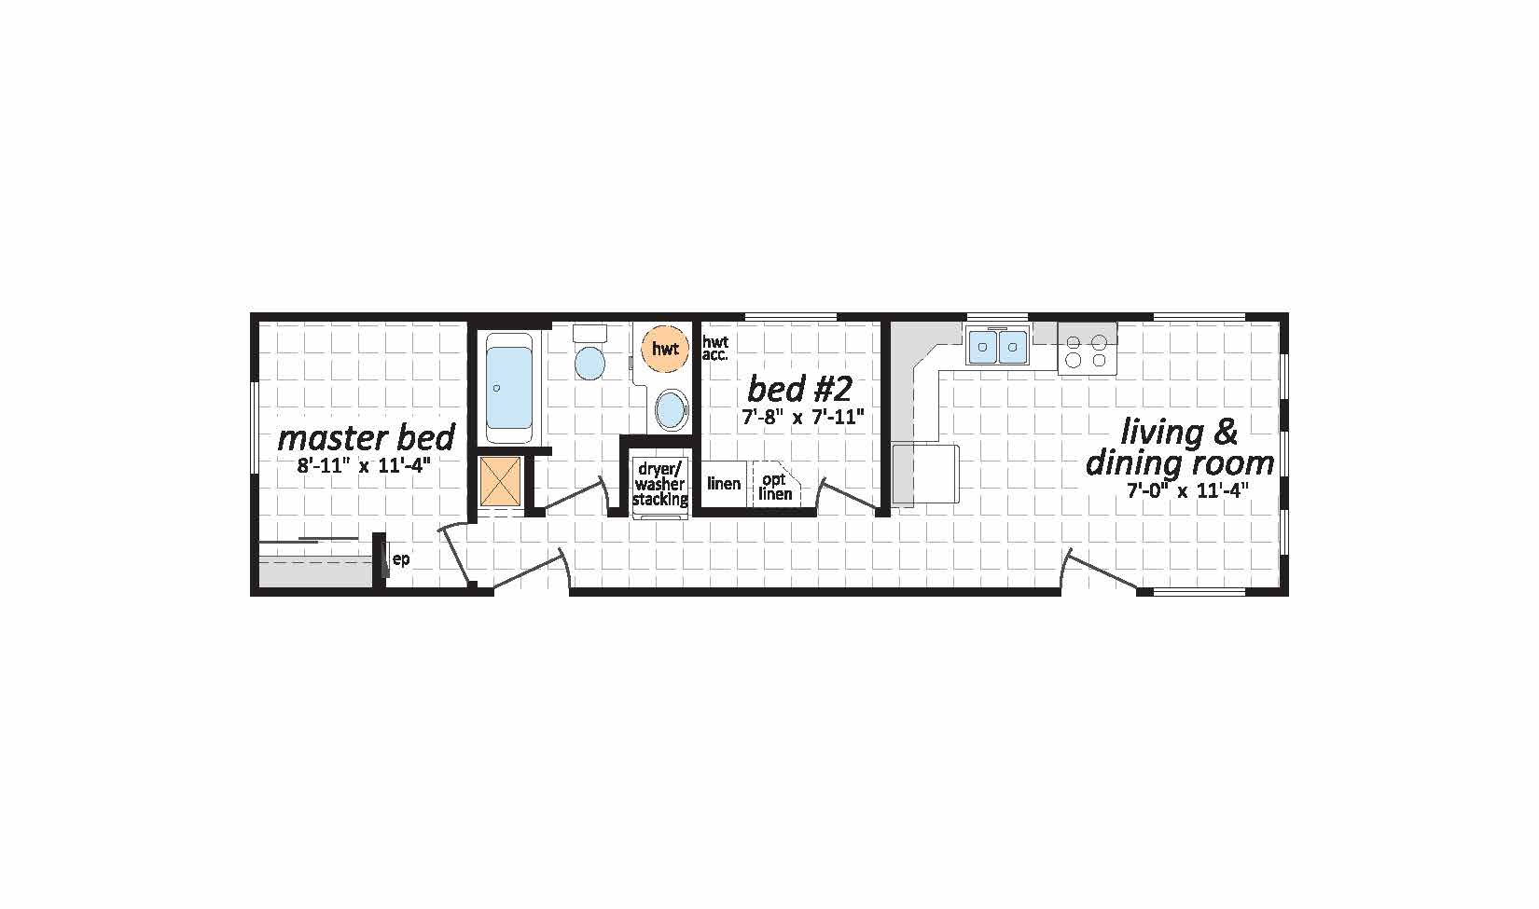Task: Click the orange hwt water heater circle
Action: coord(664,349)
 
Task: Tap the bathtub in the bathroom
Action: coord(509,388)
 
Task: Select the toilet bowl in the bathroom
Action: coord(589,363)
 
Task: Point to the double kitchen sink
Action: coord(998,346)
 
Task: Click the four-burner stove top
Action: coord(1087,351)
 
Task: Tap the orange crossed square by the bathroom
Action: coord(500,481)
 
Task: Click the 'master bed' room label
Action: coord(367,438)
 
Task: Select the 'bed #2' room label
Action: coord(799,389)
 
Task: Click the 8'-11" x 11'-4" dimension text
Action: coord(364,465)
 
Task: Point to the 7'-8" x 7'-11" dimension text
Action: coord(802,417)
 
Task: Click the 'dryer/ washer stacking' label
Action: coord(659,484)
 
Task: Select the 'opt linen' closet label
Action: coord(775,487)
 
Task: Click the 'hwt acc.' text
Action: coord(715,348)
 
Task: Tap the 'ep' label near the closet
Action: coord(401,559)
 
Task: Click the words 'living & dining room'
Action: coord(1180,448)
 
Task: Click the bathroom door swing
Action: coord(574,494)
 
